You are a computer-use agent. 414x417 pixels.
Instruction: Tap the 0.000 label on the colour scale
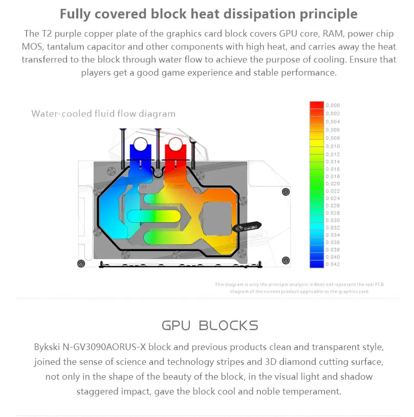pos(333,105)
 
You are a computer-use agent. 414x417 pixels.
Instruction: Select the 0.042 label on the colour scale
pos(333,264)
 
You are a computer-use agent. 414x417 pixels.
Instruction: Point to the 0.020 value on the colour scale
pos(333,183)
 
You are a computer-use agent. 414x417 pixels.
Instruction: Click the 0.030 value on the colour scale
pos(333,220)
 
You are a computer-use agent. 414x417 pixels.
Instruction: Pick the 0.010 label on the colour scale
pos(333,146)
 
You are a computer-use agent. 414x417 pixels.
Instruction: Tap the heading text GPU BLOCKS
pos(210,326)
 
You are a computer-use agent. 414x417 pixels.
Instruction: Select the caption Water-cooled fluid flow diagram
pos(103,113)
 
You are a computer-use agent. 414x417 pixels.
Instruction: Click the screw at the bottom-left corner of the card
pos(80,264)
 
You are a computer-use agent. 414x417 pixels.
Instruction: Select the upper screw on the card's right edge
pos(286,192)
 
